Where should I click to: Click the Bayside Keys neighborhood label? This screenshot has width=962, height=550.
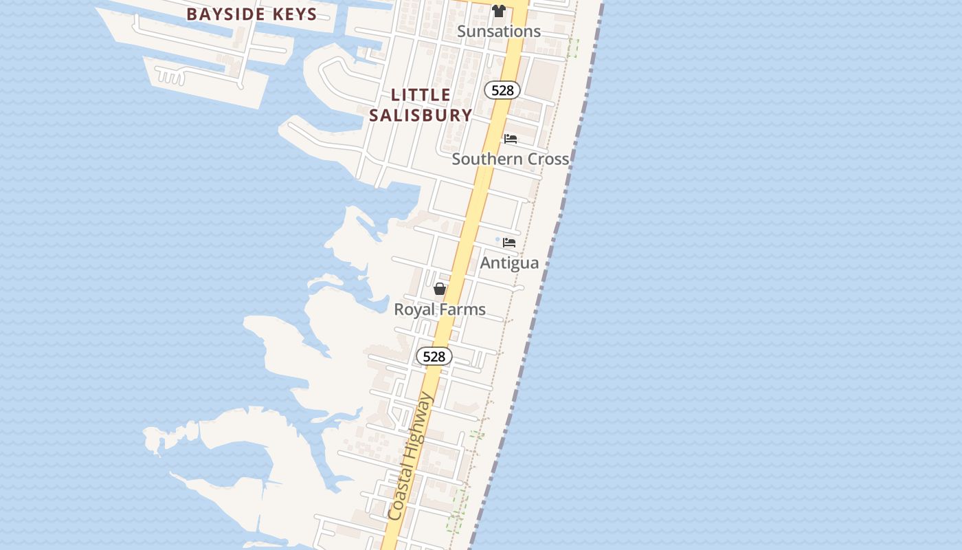(251, 14)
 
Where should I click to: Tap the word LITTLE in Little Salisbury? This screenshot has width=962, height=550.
(421, 95)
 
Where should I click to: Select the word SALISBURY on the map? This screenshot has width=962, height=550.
(421, 115)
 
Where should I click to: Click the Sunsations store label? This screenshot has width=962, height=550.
(499, 32)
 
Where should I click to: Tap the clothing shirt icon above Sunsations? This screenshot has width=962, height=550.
(499, 11)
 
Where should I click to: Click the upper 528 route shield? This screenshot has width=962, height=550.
(502, 90)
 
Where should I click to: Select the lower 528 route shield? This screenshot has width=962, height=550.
(434, 356)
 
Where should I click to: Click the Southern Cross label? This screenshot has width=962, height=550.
(511, 159)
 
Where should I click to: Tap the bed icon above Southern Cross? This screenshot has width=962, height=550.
(511, 139)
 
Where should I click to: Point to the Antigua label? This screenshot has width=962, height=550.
(509, 263)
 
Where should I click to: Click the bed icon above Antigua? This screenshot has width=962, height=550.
(509, 243)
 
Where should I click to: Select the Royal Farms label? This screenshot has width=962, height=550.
(440, 309)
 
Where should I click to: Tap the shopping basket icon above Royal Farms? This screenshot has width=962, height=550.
(440, 289)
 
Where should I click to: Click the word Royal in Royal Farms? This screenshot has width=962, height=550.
(415, 309)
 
